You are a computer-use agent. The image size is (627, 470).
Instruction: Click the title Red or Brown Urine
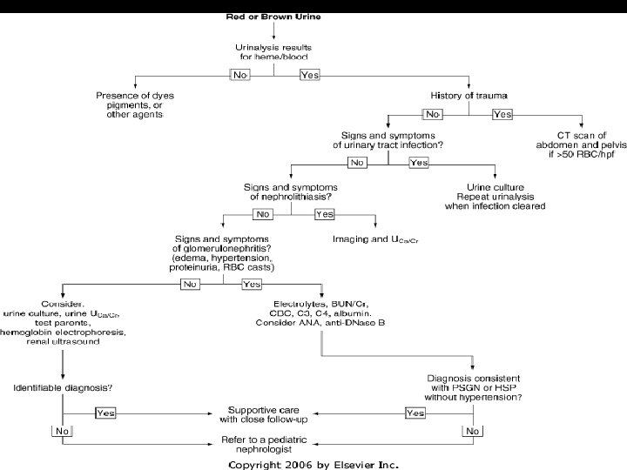276,17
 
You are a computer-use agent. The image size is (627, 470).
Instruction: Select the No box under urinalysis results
241,75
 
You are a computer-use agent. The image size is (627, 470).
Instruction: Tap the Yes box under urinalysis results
309,75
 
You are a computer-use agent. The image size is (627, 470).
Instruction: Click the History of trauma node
469,94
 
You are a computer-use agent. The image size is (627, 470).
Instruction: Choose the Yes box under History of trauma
502,114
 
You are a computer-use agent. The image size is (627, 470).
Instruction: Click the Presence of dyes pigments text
142,104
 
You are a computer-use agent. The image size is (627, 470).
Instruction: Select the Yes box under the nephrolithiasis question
324,214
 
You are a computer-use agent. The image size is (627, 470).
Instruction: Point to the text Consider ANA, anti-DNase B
321,323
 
